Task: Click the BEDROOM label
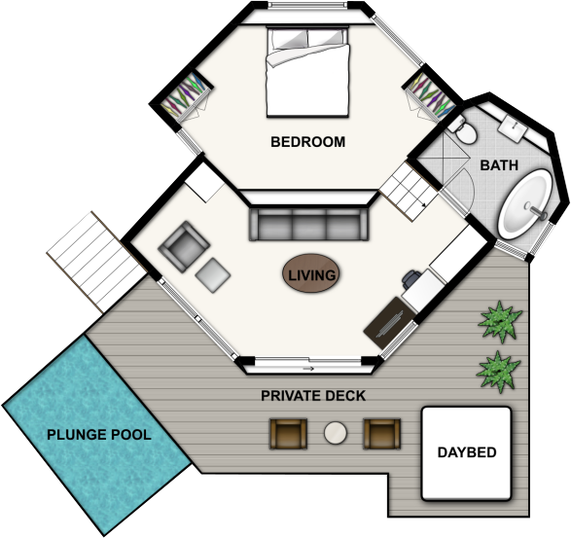[307, 142]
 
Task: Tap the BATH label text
[499, 165]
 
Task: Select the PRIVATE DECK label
[313, 396]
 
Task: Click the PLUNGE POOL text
[99, 435]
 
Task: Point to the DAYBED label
[467, 452]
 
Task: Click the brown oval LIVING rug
[311, 273]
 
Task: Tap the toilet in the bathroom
[462, 130]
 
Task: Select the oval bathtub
[525, 204]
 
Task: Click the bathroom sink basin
[513, 127]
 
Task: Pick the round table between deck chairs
[336, 433]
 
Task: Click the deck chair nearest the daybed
[381, 434]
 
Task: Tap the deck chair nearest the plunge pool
[288, 434]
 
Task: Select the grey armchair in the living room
[184, 246]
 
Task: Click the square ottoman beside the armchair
[213, 275]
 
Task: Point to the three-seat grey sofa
[308, 225]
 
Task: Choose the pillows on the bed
[307, 39]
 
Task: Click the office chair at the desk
[410, 279]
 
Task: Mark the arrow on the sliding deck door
[308, 369]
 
